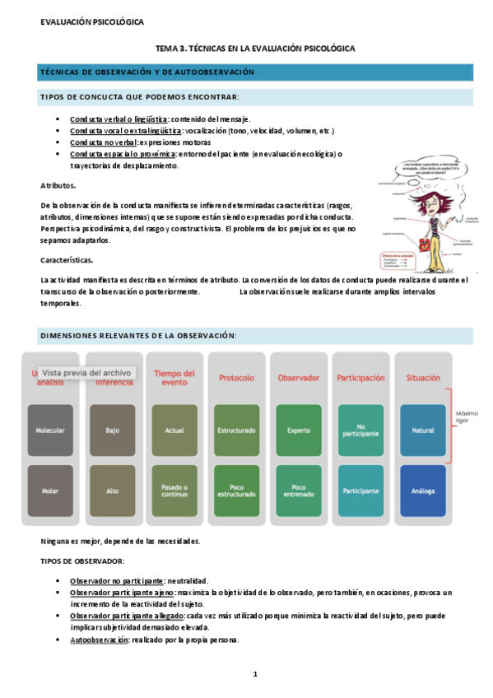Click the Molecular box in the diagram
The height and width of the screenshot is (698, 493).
50,430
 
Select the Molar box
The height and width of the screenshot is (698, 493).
50,491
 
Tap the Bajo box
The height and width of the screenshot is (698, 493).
112,430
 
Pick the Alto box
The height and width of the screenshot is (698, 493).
112,491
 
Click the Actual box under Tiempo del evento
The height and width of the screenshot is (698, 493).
174,430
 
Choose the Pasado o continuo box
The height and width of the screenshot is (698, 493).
174,491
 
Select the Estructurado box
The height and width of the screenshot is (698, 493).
236,430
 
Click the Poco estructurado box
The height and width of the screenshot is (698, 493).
236,491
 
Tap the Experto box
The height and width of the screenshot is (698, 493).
298,430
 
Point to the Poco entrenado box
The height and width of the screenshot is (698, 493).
298,491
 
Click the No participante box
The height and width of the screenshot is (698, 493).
360,430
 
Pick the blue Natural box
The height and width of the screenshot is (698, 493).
422,430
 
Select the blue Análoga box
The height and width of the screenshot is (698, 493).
422,491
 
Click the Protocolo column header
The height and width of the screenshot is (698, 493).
236,378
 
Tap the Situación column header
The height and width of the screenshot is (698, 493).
422,378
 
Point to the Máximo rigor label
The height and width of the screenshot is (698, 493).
467,417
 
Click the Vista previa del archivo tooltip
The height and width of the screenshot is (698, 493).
86,372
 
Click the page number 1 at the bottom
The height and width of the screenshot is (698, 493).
255,674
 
